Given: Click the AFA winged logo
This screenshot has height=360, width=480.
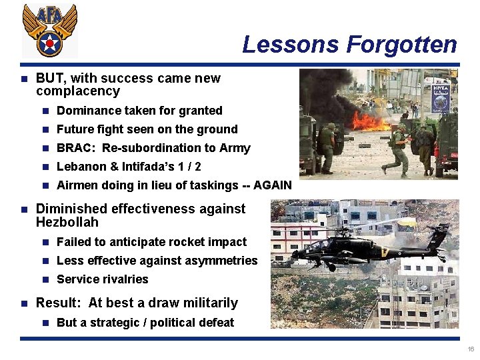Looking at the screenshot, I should click(49, 30).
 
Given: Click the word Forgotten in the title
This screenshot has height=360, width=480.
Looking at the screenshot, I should click(401, 45).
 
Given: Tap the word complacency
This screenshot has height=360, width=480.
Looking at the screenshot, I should click(77, 91).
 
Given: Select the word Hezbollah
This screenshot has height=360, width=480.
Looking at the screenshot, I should click(67, 222).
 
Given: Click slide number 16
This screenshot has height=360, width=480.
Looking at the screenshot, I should click(471, 349).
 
